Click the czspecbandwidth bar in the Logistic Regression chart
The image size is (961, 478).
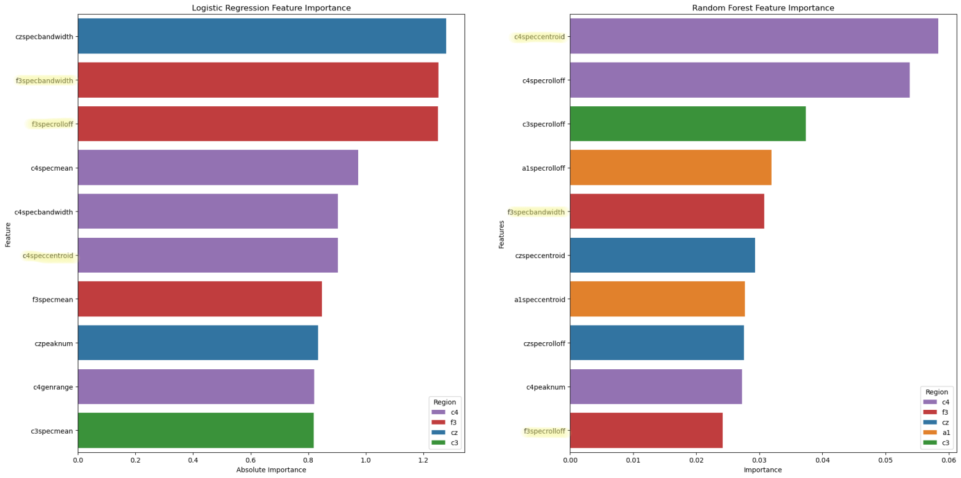(x=262, y=36)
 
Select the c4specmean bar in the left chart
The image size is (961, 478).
(x=218, y=168)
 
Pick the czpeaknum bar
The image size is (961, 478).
(x=198, y=343)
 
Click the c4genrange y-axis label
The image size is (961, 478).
(x=53, y=387)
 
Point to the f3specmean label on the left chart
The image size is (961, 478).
(x=52, y=300)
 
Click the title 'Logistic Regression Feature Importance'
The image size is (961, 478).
(x=271, y=8)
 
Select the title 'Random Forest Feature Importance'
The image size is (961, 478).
(x=763, y=8)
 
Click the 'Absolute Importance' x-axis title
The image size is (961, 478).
(x=271, y=470)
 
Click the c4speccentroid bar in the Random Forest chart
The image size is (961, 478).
(x=754, y=36)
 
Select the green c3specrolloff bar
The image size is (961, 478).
(x=688, y=124)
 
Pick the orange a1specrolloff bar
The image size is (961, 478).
(x=670, y=168)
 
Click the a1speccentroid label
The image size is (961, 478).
(x=539, y=300)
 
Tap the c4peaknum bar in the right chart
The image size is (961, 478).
(x=656, y=387)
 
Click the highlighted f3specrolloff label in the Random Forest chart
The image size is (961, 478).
(x=544, y=431)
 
